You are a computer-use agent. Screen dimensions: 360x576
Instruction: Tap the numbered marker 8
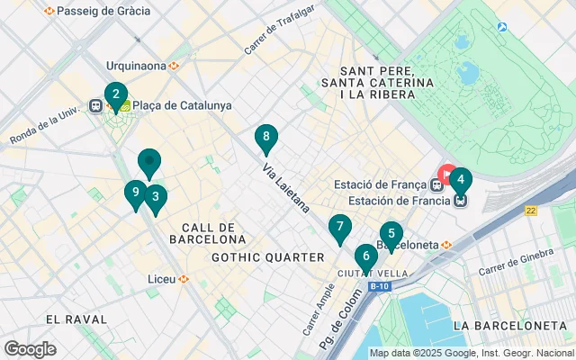[x=265, y=138]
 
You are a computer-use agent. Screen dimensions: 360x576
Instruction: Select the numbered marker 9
[x=135, y=193]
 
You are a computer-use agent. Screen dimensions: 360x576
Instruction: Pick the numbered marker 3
[x=156, y=197]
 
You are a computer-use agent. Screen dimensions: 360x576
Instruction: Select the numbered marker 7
[x=339, y=228]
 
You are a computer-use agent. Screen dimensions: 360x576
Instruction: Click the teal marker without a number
[x=149, y=163]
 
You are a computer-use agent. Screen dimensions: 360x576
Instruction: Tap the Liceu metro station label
[x=162, y=279]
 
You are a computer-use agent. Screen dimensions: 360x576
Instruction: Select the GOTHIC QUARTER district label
[x=267, y=257]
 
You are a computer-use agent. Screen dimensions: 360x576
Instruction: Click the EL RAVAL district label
[x=76, y=319]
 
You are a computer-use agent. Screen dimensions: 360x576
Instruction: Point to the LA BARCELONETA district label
[x=509, y=325]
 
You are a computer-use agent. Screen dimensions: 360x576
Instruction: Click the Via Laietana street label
[x=287, y=186]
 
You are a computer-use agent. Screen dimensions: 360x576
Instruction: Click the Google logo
[x=30, y=349]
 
